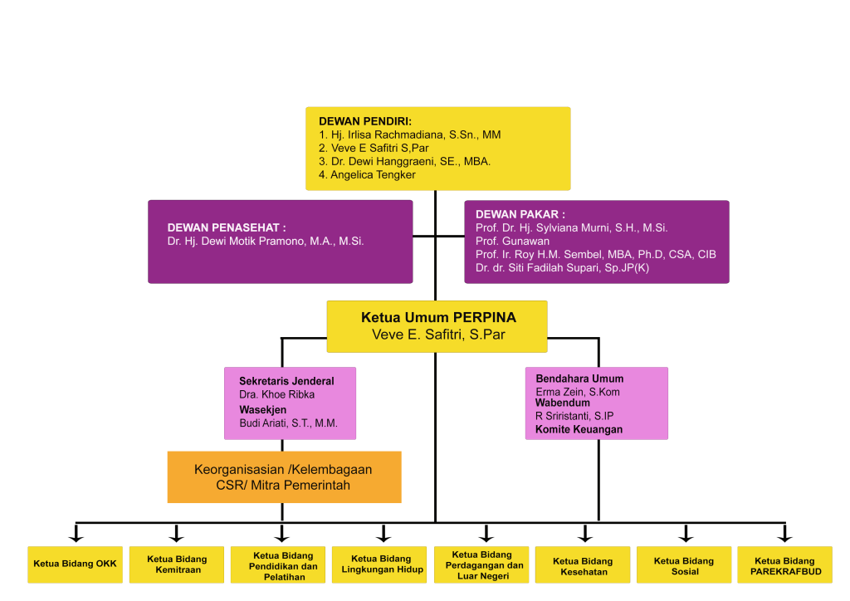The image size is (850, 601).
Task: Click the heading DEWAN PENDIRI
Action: pos(365,121)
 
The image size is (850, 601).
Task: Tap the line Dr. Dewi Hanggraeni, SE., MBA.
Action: pos(404,161)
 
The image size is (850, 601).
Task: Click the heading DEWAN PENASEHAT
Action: pos(227,227)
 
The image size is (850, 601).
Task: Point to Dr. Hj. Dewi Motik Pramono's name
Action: pos(266,242)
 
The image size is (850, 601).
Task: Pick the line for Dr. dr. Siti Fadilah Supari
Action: pos(562,268)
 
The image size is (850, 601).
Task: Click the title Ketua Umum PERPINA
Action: pos(438,318)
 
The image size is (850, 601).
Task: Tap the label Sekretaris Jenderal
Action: pos(286,381)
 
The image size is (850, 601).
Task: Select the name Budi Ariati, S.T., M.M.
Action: pos(288,423)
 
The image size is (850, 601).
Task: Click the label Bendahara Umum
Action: pos(579,379)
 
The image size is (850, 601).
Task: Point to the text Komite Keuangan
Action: pos(579,429)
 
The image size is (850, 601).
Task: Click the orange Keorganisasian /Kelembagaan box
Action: pos(284,477)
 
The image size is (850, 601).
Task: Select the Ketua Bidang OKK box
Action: pos(75,564)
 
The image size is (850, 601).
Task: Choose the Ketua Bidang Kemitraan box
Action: pos(177,564)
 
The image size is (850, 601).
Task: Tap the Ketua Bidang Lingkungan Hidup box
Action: pos(382,564)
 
